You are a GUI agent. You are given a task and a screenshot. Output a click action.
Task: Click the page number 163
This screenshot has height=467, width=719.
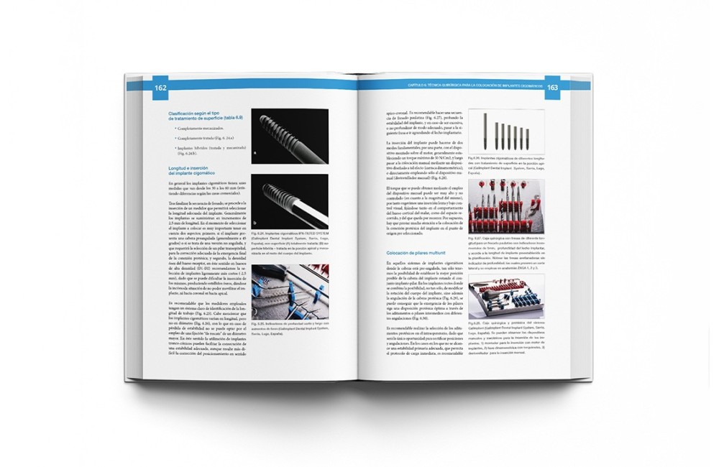pyautogui.click(x=552, y=88)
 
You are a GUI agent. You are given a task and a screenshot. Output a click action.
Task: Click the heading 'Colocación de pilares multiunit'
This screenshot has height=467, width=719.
pyautogui.click(x=417, y=254)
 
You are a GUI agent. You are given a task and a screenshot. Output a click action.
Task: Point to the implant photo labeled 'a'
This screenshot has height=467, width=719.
pyautogui.click(x=290, y=137)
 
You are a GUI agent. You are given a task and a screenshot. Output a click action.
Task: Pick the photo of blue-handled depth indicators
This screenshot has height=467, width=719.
pyautogui.click(x=290, y=291)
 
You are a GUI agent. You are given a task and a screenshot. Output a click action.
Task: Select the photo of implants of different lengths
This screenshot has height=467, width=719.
pyautogui.click(x=506, y=131)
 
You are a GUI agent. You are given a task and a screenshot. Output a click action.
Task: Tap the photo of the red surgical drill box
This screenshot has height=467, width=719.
pyautogui.click(x=506, y=206)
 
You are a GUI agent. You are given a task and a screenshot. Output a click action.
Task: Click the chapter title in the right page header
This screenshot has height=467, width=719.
pyautogui.click(x=472, y=86)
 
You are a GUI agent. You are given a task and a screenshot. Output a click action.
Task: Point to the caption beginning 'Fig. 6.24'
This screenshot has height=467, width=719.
pyautogui.click(x=290, y=242)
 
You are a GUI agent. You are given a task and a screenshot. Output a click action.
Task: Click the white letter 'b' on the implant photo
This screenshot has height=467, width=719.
pyautogui.click(x=255, y=223)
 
